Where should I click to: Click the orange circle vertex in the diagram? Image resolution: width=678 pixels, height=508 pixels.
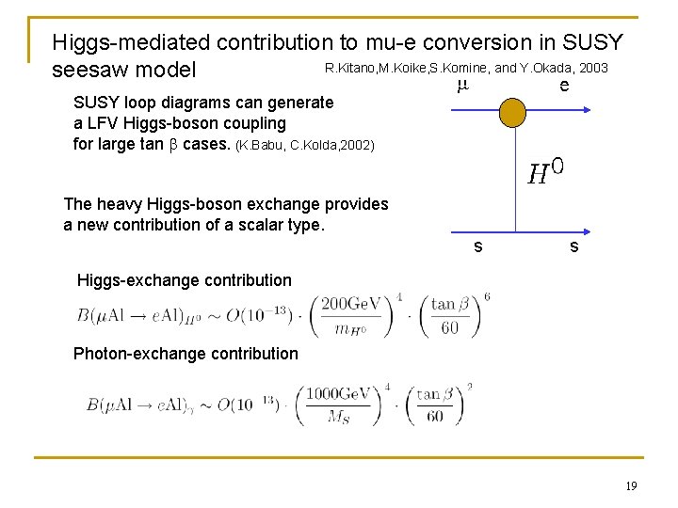point(513,112)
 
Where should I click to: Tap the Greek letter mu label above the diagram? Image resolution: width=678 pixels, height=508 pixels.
point(461,86)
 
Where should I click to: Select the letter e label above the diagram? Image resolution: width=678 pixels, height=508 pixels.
point(563,86)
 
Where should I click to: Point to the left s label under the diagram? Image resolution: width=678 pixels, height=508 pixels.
point(477,246)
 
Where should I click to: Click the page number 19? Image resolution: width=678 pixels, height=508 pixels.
point(631,485)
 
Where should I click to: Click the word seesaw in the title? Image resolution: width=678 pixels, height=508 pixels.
point(90,71)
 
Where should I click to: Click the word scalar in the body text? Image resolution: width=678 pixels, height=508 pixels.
point(274,225)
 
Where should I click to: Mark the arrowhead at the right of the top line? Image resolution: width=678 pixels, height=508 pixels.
point(590,112)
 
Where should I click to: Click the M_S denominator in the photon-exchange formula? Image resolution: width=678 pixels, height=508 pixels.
point(338,417)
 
